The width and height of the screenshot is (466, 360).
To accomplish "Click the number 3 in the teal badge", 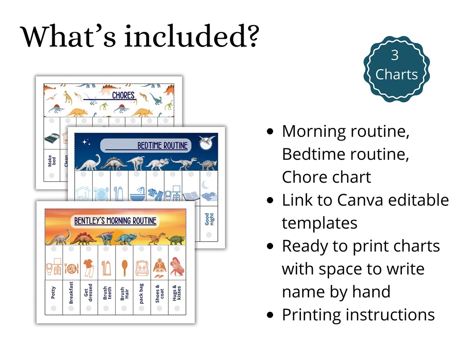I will [394, 55].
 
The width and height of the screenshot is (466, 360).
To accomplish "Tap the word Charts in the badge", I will [397, 74].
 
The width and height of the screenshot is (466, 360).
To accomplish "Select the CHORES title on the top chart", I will [123, 95].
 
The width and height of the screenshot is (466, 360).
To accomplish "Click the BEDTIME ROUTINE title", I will [162, 145].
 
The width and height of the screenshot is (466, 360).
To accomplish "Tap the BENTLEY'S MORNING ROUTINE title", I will [115, 221].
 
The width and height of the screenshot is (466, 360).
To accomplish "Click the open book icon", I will [190, 195].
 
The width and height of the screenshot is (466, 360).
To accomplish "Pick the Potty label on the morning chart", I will [54, 292].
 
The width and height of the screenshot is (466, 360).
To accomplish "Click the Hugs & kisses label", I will [177, 293].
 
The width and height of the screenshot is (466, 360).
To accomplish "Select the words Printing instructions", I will [358, 315].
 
